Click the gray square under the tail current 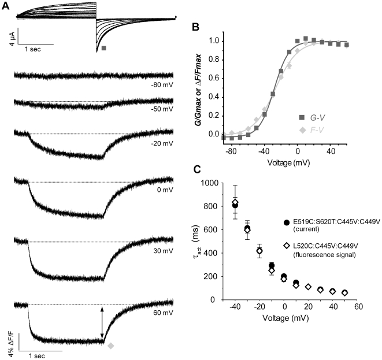pyautogui.click(x=103, y=49)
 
